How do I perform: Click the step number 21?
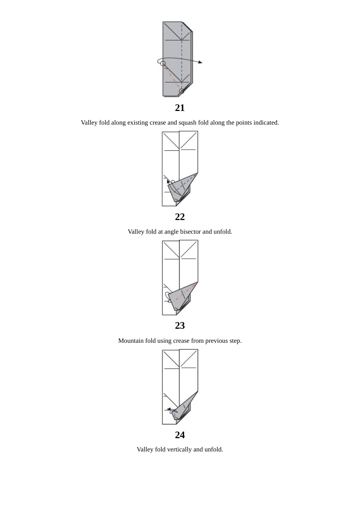(180, 108)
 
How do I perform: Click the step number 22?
(180, 217)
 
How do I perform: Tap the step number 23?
(180, 325)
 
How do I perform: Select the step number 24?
(180, 435)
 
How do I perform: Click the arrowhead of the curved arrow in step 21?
(200, 62)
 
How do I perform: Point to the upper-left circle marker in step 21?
(163, 63)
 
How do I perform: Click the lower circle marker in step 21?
(182, 91)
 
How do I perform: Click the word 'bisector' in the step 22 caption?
(189, 231)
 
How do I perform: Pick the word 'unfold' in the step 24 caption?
(213, 449)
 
